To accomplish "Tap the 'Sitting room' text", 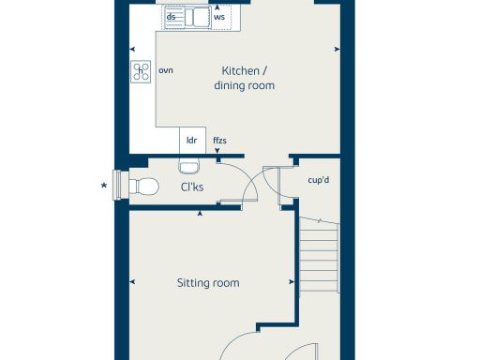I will click(x=207, y=282).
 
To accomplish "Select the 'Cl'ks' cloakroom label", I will click(x=193, y=187).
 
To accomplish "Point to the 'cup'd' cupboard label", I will click(x=318, y=179).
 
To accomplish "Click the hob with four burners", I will click(x=142, y=72).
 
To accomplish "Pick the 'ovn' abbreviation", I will click(x=166, y=70).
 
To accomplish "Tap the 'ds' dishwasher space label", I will click(x=171, y=17).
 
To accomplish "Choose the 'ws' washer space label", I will click(x=219, y=17).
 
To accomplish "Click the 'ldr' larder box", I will click(x=191, y=141).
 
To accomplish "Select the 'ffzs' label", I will click(x=219, y=141).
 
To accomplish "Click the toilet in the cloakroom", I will click(x=141, y=185).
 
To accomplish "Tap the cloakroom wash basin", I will click(x=188, y=167).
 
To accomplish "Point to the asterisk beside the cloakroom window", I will click(x=103, y=185).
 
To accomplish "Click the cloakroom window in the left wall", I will click(x=117, y=184).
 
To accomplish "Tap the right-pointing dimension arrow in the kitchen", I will click(x=336, y=50).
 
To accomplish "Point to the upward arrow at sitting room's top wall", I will click(x=201, y=216).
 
